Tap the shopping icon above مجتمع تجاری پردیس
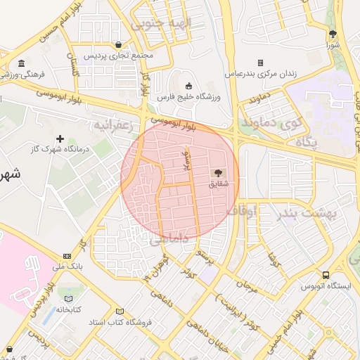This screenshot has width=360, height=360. [x=124, y=44]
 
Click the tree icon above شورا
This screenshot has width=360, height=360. [x=333, y=34]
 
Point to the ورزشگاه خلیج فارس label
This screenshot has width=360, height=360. [x=188, y=96]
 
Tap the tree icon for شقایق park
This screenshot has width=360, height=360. [x=218, y=173]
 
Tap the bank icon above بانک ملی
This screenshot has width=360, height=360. [x=67, y=256]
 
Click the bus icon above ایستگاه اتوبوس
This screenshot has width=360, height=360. [x=326, y=275]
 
